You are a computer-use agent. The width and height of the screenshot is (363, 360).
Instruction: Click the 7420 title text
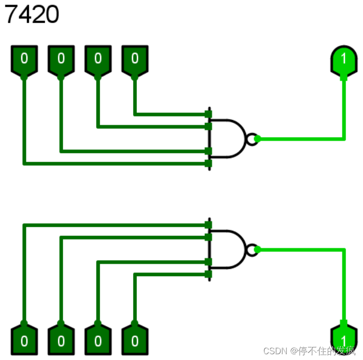pyautogui.click(x=32, y=14)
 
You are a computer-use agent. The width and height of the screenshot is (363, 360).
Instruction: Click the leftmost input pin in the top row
pyautogui.click(x=24, y=60)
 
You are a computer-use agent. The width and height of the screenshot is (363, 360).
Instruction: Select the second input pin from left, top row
pyautogui.click(x=61, y=60)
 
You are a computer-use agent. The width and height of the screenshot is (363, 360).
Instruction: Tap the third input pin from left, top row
pyautogui.click(x=98, y=60)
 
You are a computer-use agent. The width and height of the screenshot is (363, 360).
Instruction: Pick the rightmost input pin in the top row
pyautogui.click(x=135, y=60)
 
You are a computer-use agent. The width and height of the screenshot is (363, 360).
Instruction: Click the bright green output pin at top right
pyautogui.click(x=344, y=60)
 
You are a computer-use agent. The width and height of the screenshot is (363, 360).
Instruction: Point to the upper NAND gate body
pyautogui.click(x=227, y=138)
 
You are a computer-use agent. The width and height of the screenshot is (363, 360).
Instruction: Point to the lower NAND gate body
pyautogui.click(x=227, y=249)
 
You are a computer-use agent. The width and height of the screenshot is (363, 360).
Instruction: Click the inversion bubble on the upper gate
pyautogui.click(x=251, y=139)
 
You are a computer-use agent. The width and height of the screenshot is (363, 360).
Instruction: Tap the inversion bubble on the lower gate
pyautogui.click(x=251, y=250)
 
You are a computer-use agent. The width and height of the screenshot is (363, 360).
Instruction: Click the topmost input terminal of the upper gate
pyautogui.click(x=208, y=114)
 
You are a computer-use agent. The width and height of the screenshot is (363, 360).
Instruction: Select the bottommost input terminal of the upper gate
pyautogui.click(x=208, y=164)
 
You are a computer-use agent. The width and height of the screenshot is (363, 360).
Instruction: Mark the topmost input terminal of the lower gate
pyautogui.click(x=208, y=225)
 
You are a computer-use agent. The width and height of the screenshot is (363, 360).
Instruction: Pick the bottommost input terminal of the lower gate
pyautogui.click(x=208, y=275)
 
